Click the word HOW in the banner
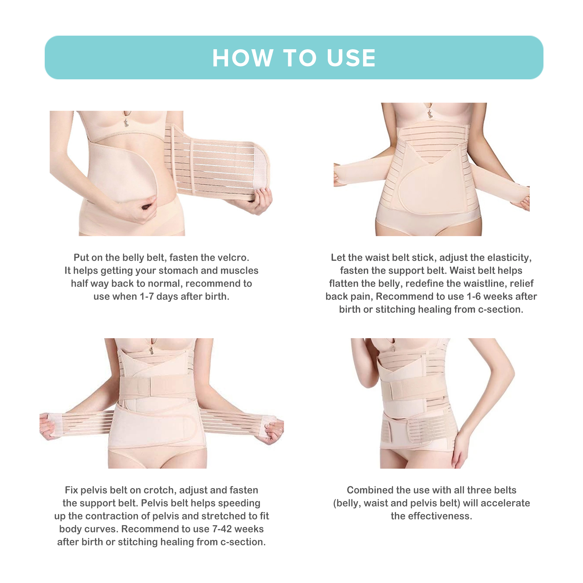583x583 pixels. (x=243, y=58)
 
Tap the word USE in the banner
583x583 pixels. (x=351, y=58)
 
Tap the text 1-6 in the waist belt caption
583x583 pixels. (x=474, y=296)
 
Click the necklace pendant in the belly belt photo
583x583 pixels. (x=126, y=122)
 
